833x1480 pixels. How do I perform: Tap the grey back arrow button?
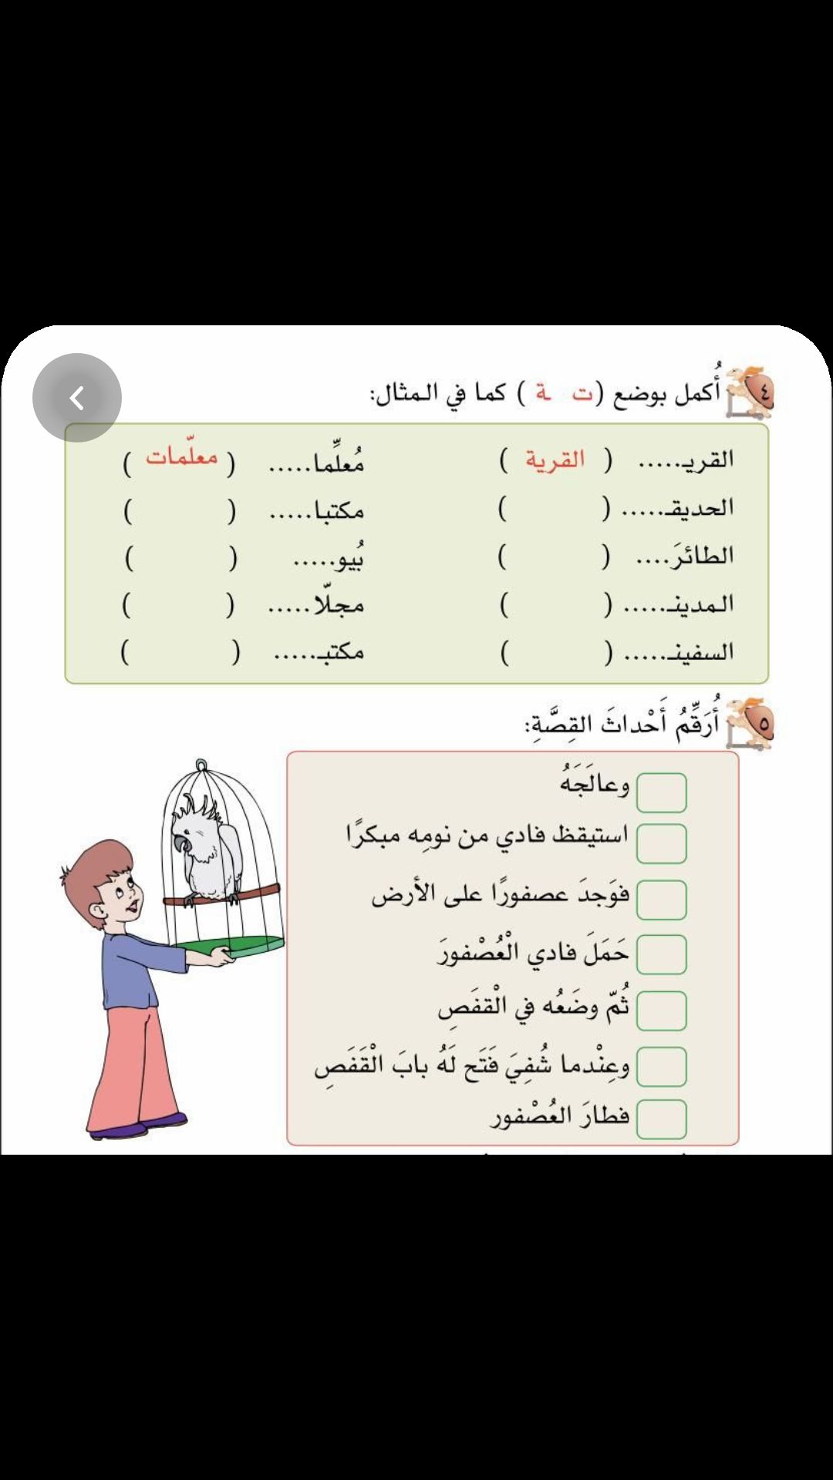76,398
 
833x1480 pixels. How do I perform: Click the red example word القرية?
555,460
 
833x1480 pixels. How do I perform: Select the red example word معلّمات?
182,456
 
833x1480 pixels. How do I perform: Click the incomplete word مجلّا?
338,605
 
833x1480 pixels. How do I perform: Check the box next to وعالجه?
661,793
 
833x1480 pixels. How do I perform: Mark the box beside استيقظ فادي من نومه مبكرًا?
661,843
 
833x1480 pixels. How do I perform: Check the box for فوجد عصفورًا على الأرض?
661,900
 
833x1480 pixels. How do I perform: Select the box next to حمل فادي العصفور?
661,955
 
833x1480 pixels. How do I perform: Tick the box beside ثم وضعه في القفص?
661,1011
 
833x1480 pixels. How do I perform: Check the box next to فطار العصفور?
661,1119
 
